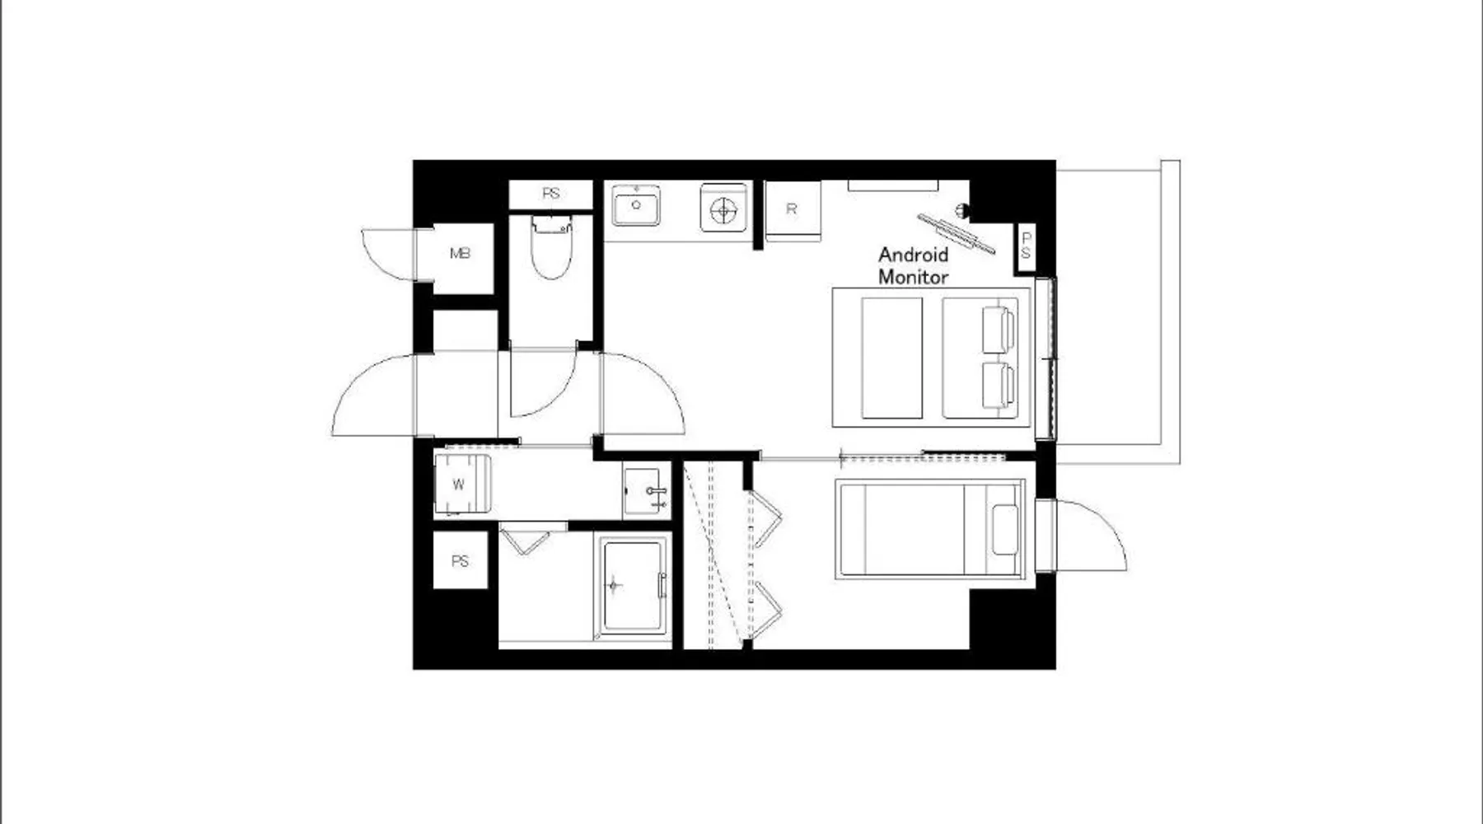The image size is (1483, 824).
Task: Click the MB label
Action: (x=460, y=254)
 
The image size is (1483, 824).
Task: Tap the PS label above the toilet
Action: (x=551, y=194)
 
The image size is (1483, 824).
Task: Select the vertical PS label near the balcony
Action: (x=1026, y=246)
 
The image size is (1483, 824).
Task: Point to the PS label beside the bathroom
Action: (x=460, y=561)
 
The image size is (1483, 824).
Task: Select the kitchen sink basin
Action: (x=635, y=205)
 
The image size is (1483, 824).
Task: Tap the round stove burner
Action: (x=723, y=211)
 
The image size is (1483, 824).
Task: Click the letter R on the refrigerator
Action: (x=791, y=209)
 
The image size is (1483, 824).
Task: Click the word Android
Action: (x=913, y=255)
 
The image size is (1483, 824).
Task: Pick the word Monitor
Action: (x=913, y=277)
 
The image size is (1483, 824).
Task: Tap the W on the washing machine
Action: (x=459, y=485)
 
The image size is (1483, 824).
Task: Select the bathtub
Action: (x=633, y=586)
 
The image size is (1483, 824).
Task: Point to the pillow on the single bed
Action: (x=1005, y=530)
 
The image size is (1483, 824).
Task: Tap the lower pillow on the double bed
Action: (x=998, y=386)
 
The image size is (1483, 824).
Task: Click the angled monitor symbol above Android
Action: (x=957, y=233)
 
